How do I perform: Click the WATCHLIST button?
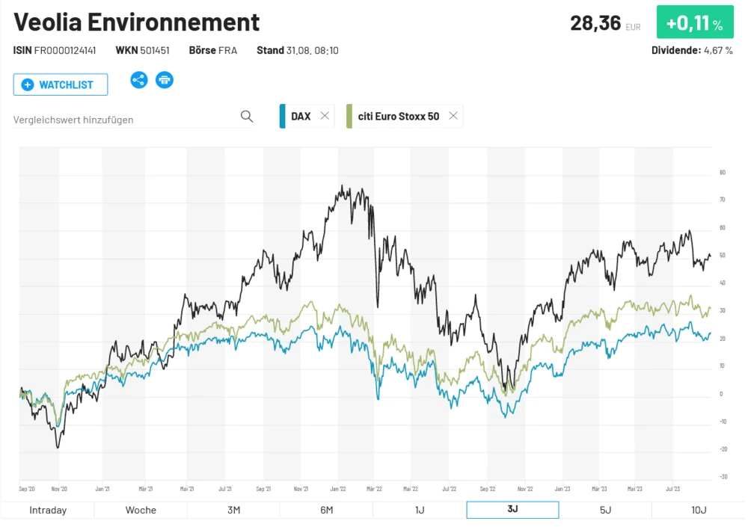(61, 84)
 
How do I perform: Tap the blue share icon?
(139, 80)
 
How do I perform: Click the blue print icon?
(165, 80)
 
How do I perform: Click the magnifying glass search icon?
(247, 117)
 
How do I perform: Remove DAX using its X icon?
(325, 116)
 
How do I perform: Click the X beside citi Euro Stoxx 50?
(453, 116)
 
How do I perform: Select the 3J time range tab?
(512, 510)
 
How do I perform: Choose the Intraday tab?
(48, 510)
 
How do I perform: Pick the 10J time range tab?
(699, 510)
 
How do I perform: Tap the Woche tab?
(141, 510)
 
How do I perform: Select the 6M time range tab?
(326, 510)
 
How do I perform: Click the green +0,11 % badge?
(695, 23)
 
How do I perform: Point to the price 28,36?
(595, 23)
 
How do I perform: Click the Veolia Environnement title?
(137, 22)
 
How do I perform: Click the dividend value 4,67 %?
(717, 51)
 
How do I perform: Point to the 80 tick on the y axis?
(723, 173)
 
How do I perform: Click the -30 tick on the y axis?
(723, 477)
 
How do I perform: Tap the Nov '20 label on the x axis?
(59, 490)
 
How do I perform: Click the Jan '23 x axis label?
(562, 490)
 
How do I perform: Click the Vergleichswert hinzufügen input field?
(123, 119)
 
